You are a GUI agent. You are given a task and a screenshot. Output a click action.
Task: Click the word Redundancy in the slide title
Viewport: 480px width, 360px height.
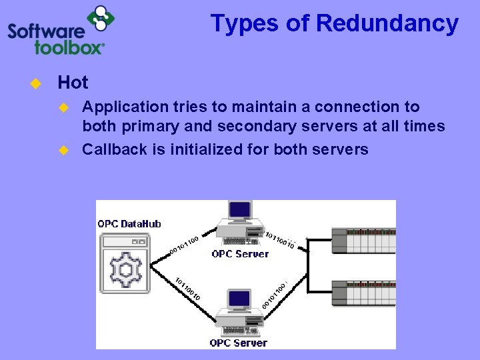pyautogui.click(x=387, y=23)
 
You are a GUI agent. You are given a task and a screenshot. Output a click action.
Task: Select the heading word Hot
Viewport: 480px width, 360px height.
pyautogui.click(x=73, y=83)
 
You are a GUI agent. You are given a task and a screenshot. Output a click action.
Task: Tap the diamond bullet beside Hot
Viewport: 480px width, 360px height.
pyautogui.click(x=35, y=83)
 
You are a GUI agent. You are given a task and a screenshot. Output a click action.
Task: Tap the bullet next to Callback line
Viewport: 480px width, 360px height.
pyautogui.click(x=64, y=149)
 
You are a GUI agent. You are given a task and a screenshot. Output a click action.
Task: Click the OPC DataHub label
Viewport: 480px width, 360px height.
pyautogui.click(x=129, y=224)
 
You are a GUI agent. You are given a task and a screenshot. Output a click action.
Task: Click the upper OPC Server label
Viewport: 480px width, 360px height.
pyautogui.click(x=240, y=254)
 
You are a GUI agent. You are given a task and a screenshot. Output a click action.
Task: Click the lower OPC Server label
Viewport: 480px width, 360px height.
pyautogui.click(x=238, y=343)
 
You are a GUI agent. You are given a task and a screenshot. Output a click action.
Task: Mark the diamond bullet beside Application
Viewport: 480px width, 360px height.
pyautogui.click(x=64, y=107)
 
